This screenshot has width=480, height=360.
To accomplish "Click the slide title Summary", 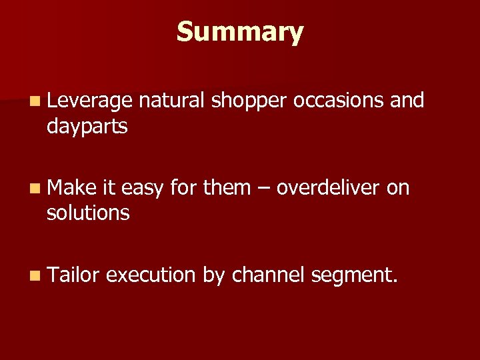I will tap(240, 31).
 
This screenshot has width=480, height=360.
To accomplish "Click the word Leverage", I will tap(90, 101).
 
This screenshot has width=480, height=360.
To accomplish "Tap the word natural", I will tap(172, 101).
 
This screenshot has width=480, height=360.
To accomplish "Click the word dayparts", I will tap(87, 127).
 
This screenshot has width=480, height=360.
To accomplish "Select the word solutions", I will tap(88, 213).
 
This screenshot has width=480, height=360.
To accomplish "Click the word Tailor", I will tap(73, 275).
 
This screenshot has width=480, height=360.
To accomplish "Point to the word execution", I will tap(151, 275).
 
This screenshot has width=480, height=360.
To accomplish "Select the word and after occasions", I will tap(407, 101).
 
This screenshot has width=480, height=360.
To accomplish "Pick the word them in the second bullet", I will tap(227, 188).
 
